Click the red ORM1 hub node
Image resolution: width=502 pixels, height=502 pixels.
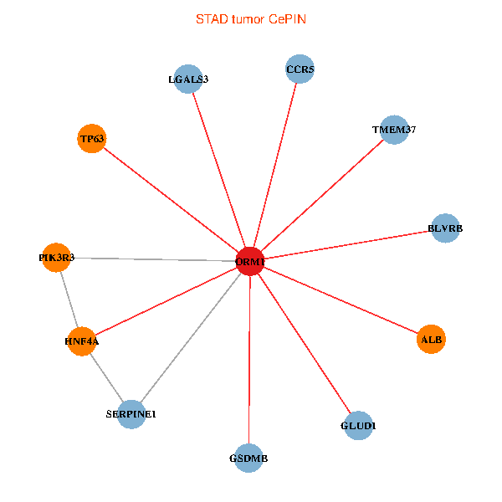250,261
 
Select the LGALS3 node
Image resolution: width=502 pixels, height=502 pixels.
189,79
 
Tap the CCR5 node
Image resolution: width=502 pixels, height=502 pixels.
300,69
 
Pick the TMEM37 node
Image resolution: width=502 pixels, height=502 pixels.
393,130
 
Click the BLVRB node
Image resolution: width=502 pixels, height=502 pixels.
445,228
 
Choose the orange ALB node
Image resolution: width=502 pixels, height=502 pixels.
431,339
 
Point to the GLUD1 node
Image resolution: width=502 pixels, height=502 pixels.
358,426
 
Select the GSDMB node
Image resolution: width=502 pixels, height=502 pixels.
248,458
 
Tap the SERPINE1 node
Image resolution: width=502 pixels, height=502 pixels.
131,414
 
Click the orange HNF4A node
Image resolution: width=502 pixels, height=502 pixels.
81,341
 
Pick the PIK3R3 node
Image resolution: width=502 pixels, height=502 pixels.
56,258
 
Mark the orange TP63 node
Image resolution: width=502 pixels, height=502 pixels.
91,139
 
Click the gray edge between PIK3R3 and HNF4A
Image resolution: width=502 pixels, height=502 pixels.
69,300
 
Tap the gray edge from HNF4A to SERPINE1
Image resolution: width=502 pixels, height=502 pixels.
106,377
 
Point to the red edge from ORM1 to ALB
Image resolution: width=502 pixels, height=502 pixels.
341,300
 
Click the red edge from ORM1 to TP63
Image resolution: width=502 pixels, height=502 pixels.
171,200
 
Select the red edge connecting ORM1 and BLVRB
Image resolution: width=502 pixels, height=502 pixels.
347,244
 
